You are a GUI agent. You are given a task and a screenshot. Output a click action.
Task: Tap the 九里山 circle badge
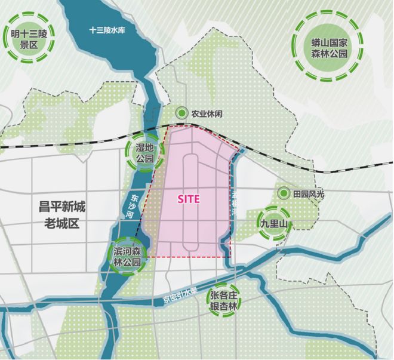(275, 223)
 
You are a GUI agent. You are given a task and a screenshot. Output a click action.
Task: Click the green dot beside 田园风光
(283, 193)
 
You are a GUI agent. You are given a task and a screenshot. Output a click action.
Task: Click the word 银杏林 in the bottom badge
(223, 306)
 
